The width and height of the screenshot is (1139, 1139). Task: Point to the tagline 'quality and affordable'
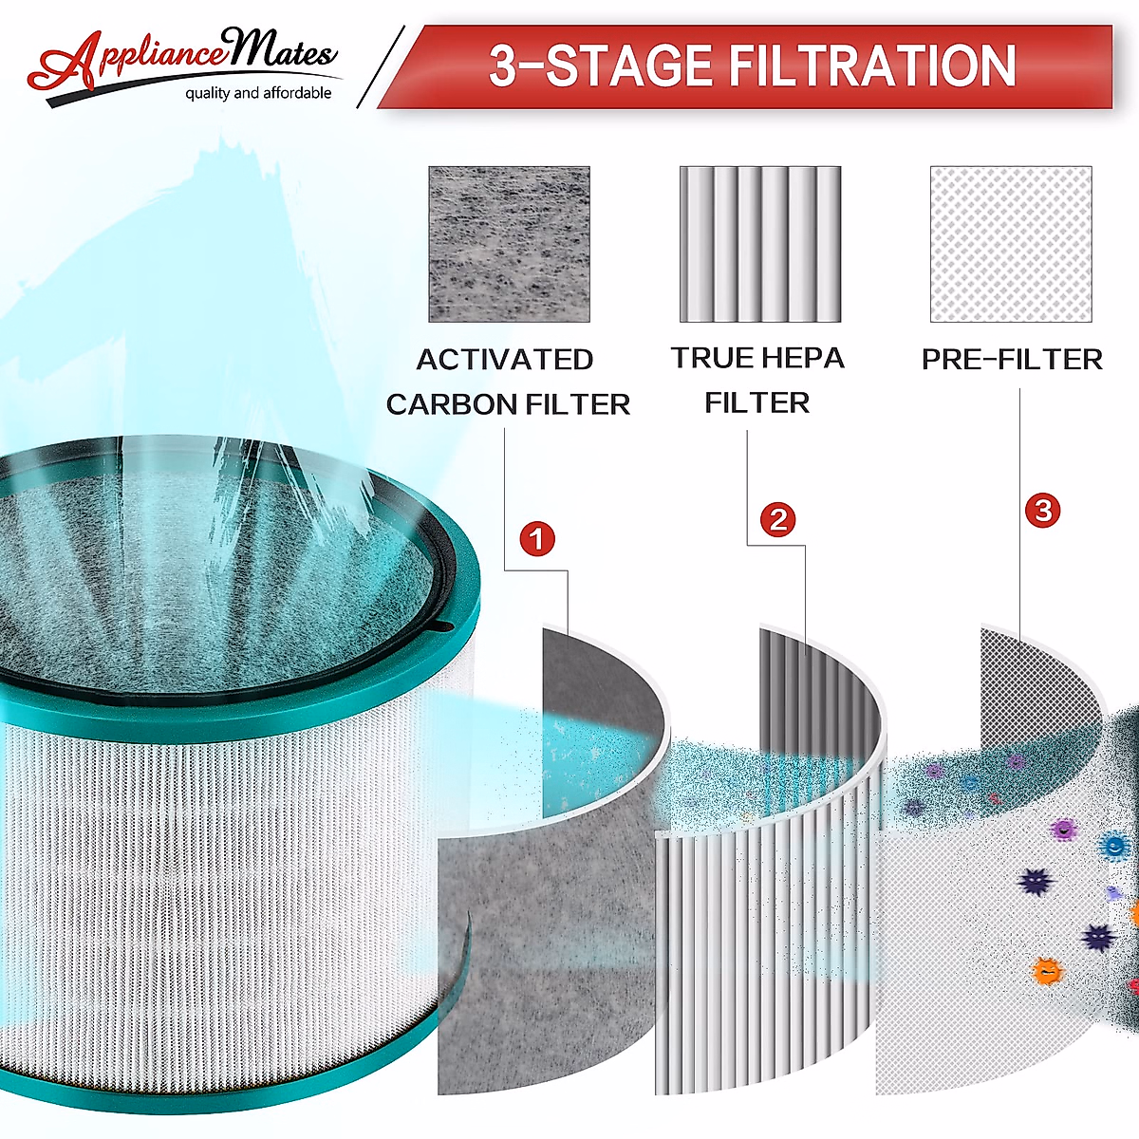pyautogui.click(x=258, y=93)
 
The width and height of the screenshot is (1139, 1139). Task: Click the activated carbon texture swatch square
pyautogui.click(x=509, y=244)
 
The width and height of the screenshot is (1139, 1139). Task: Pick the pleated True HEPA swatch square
pyautogui.click(x=760, y=244)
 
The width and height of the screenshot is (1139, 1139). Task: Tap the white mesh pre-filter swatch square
pyautogui.click(x=1011, y=244)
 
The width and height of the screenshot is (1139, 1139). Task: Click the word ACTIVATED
pyautogui.click(x=505, y=360)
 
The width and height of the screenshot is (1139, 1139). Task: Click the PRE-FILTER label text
pyautogui.click(x=1012, y=360)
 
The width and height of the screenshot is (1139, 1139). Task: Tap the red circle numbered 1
pyautogui.click(x=537, y=539)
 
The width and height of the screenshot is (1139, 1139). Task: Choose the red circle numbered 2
pyautogui.click(x=778, y=519)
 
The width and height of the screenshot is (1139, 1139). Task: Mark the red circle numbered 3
pyautogui.click(x=1043, y=511)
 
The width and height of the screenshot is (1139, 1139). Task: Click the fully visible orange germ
pyautogui.click(x=1047, y=970)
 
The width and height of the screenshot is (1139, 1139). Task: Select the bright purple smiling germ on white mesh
pyautogui.click(x=1065, y=831)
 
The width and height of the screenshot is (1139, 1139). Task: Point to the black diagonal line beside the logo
pyautogui.click(x=380, y=66)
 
